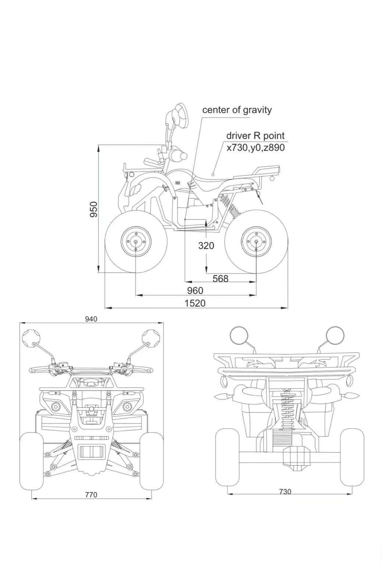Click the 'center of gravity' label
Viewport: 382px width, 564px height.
237,110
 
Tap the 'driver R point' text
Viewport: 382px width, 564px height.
255,136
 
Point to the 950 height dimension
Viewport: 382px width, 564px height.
94,209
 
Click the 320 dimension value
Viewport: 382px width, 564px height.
206,245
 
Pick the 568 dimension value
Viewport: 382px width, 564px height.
220,279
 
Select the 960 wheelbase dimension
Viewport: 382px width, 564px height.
195,290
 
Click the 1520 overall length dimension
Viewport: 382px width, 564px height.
195,303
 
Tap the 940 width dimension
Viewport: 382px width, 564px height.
91,319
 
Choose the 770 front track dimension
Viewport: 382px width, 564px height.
91,495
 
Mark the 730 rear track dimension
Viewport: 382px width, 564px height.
285,492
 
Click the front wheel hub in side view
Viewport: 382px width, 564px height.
136,241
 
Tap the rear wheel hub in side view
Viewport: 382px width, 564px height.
256,241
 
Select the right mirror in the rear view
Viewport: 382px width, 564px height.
335,335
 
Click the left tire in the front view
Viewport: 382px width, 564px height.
31,461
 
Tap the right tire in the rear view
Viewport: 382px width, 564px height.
352,457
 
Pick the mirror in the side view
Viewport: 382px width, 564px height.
180,114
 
